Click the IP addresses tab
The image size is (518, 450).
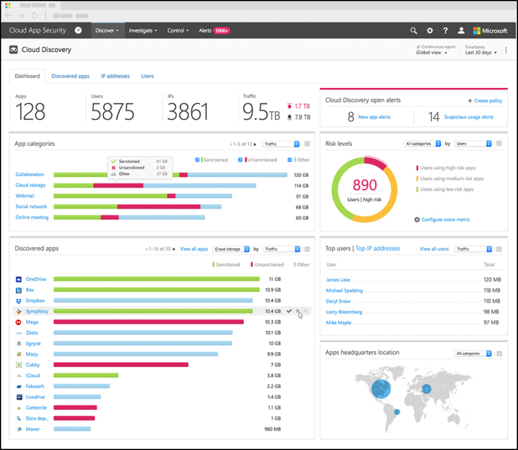click(x=115, y=76)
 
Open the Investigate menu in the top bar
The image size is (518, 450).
click(x=142, y=31)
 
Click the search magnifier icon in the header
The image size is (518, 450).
click(x=413, y=31)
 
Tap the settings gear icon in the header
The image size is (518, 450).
click(x=429, y=31)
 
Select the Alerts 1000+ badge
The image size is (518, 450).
click(x=221, y=31)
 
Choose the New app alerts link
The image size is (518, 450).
click(x=374, y=117)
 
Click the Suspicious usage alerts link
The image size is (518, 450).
click(x=469, y=117)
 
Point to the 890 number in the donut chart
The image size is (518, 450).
click(x=364, y=185)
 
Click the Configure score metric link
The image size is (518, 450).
click(x=445, y=219)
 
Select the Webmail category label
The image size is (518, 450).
click(x=25, y=196)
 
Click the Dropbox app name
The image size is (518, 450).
click(x=35, y=300)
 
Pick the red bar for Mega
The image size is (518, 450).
click(x=149, y=322)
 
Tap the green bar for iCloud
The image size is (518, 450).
click(x=86, y=375)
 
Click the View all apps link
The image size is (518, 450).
click(x=193, y=249)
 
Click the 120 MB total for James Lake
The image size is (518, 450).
click(x=492, y=280)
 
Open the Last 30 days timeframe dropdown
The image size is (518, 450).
click(x=481, y=52)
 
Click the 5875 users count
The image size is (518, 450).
click(x=112, y=112)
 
